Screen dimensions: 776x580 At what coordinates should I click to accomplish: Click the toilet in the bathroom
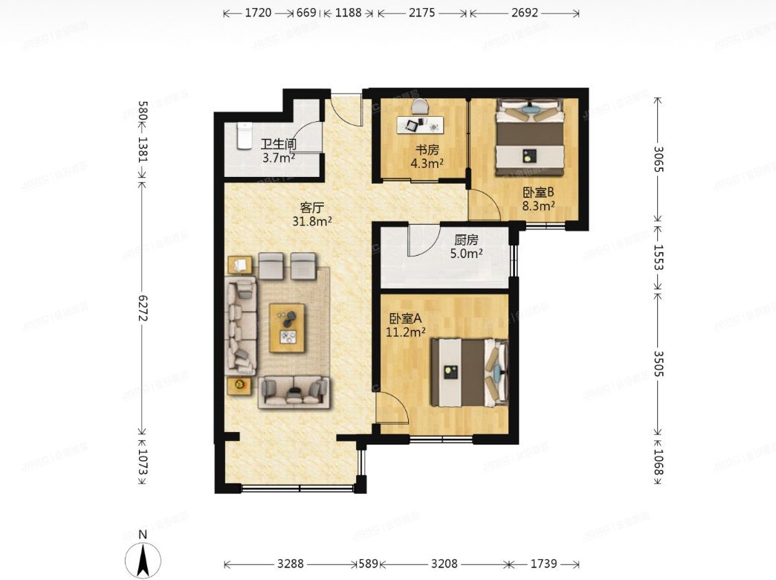245,136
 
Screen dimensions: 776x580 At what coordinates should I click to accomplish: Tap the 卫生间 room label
278,145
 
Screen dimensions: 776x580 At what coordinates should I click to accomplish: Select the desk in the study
421,124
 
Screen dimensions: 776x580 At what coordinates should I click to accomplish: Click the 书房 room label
427,149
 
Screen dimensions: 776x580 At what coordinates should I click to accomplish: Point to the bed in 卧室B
531,138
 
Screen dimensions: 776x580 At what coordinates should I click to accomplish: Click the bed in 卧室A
469,372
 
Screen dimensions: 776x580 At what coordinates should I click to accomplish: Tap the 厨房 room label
466,240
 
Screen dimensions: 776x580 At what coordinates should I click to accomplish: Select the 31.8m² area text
311,221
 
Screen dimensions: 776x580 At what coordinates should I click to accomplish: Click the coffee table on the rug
287,328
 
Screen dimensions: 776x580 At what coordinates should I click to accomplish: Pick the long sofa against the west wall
241,326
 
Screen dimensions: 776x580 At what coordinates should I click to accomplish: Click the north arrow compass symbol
143,558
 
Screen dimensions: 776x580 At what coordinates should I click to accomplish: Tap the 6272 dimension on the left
143,308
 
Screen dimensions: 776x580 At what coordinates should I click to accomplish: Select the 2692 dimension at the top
525,13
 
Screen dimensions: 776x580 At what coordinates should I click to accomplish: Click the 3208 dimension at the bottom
444,564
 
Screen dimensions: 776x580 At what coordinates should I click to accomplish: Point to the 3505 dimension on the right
659,364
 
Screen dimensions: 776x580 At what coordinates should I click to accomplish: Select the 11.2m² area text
406,332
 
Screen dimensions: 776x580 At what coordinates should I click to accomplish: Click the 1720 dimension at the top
259,13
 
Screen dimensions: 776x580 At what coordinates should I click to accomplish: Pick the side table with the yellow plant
239,385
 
